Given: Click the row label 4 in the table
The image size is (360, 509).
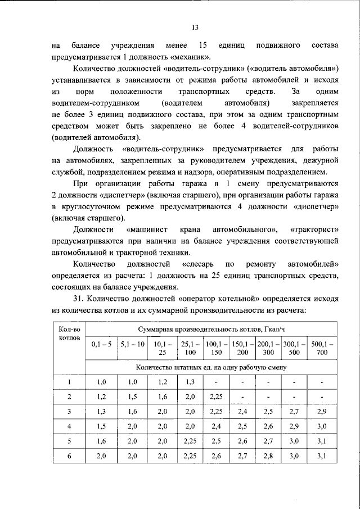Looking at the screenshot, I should pos(69,426).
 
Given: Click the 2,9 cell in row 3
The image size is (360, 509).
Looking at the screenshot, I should pos(322,412).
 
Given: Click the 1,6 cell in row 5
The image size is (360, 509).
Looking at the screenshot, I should pos(101,441).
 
